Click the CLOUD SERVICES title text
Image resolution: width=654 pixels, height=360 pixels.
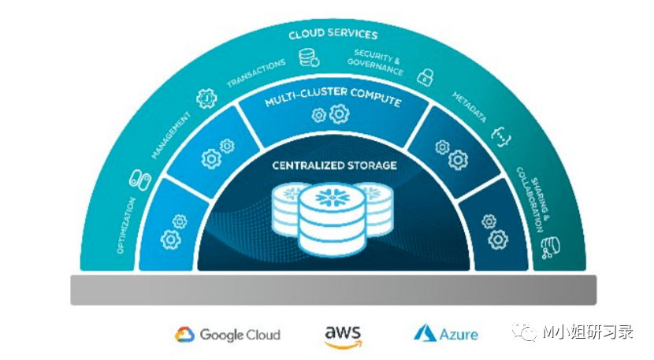[x=333, y=35]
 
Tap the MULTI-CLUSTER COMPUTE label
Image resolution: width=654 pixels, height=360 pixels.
[x=333, y=102]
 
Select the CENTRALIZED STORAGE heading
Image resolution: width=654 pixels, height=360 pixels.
[x=334, y=165]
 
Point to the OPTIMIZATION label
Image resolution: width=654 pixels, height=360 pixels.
[x=125, y=225]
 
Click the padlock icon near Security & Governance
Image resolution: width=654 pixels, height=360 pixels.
[x=425, y=76]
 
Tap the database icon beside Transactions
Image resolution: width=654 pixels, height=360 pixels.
[x=307, y=58]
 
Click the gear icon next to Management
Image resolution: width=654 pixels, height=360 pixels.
[x=206, y=98]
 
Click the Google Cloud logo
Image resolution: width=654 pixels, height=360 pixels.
[x=228, y=335]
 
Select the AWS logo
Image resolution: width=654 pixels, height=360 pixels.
[x=343, y=334]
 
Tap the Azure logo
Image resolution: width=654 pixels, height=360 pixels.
[x=446, y=334]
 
